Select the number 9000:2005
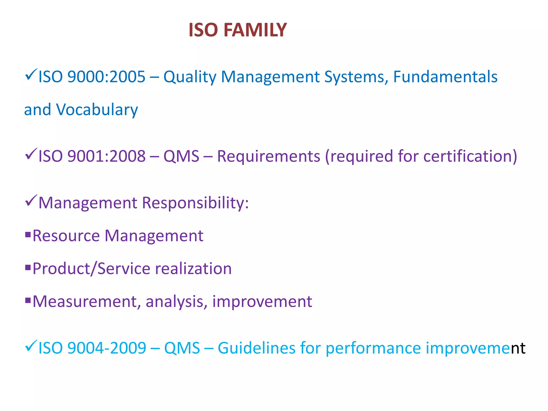(106, 77)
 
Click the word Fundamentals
(445, 77)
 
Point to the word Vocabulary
(97, 110)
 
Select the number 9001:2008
(106, 156)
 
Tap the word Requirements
(268, 156)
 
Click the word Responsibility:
(195, 203)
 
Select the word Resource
(66, 236)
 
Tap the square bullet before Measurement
(28, 300)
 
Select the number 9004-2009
(107, 348)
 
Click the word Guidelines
(257, 348)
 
